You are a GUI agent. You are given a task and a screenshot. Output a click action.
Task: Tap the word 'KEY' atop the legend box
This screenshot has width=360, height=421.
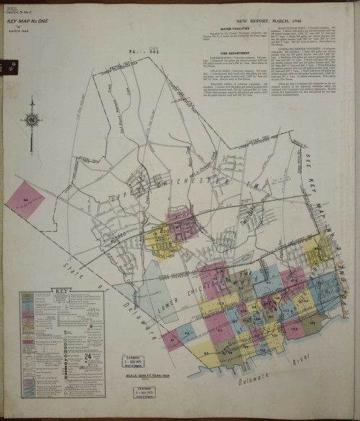(62, 294)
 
